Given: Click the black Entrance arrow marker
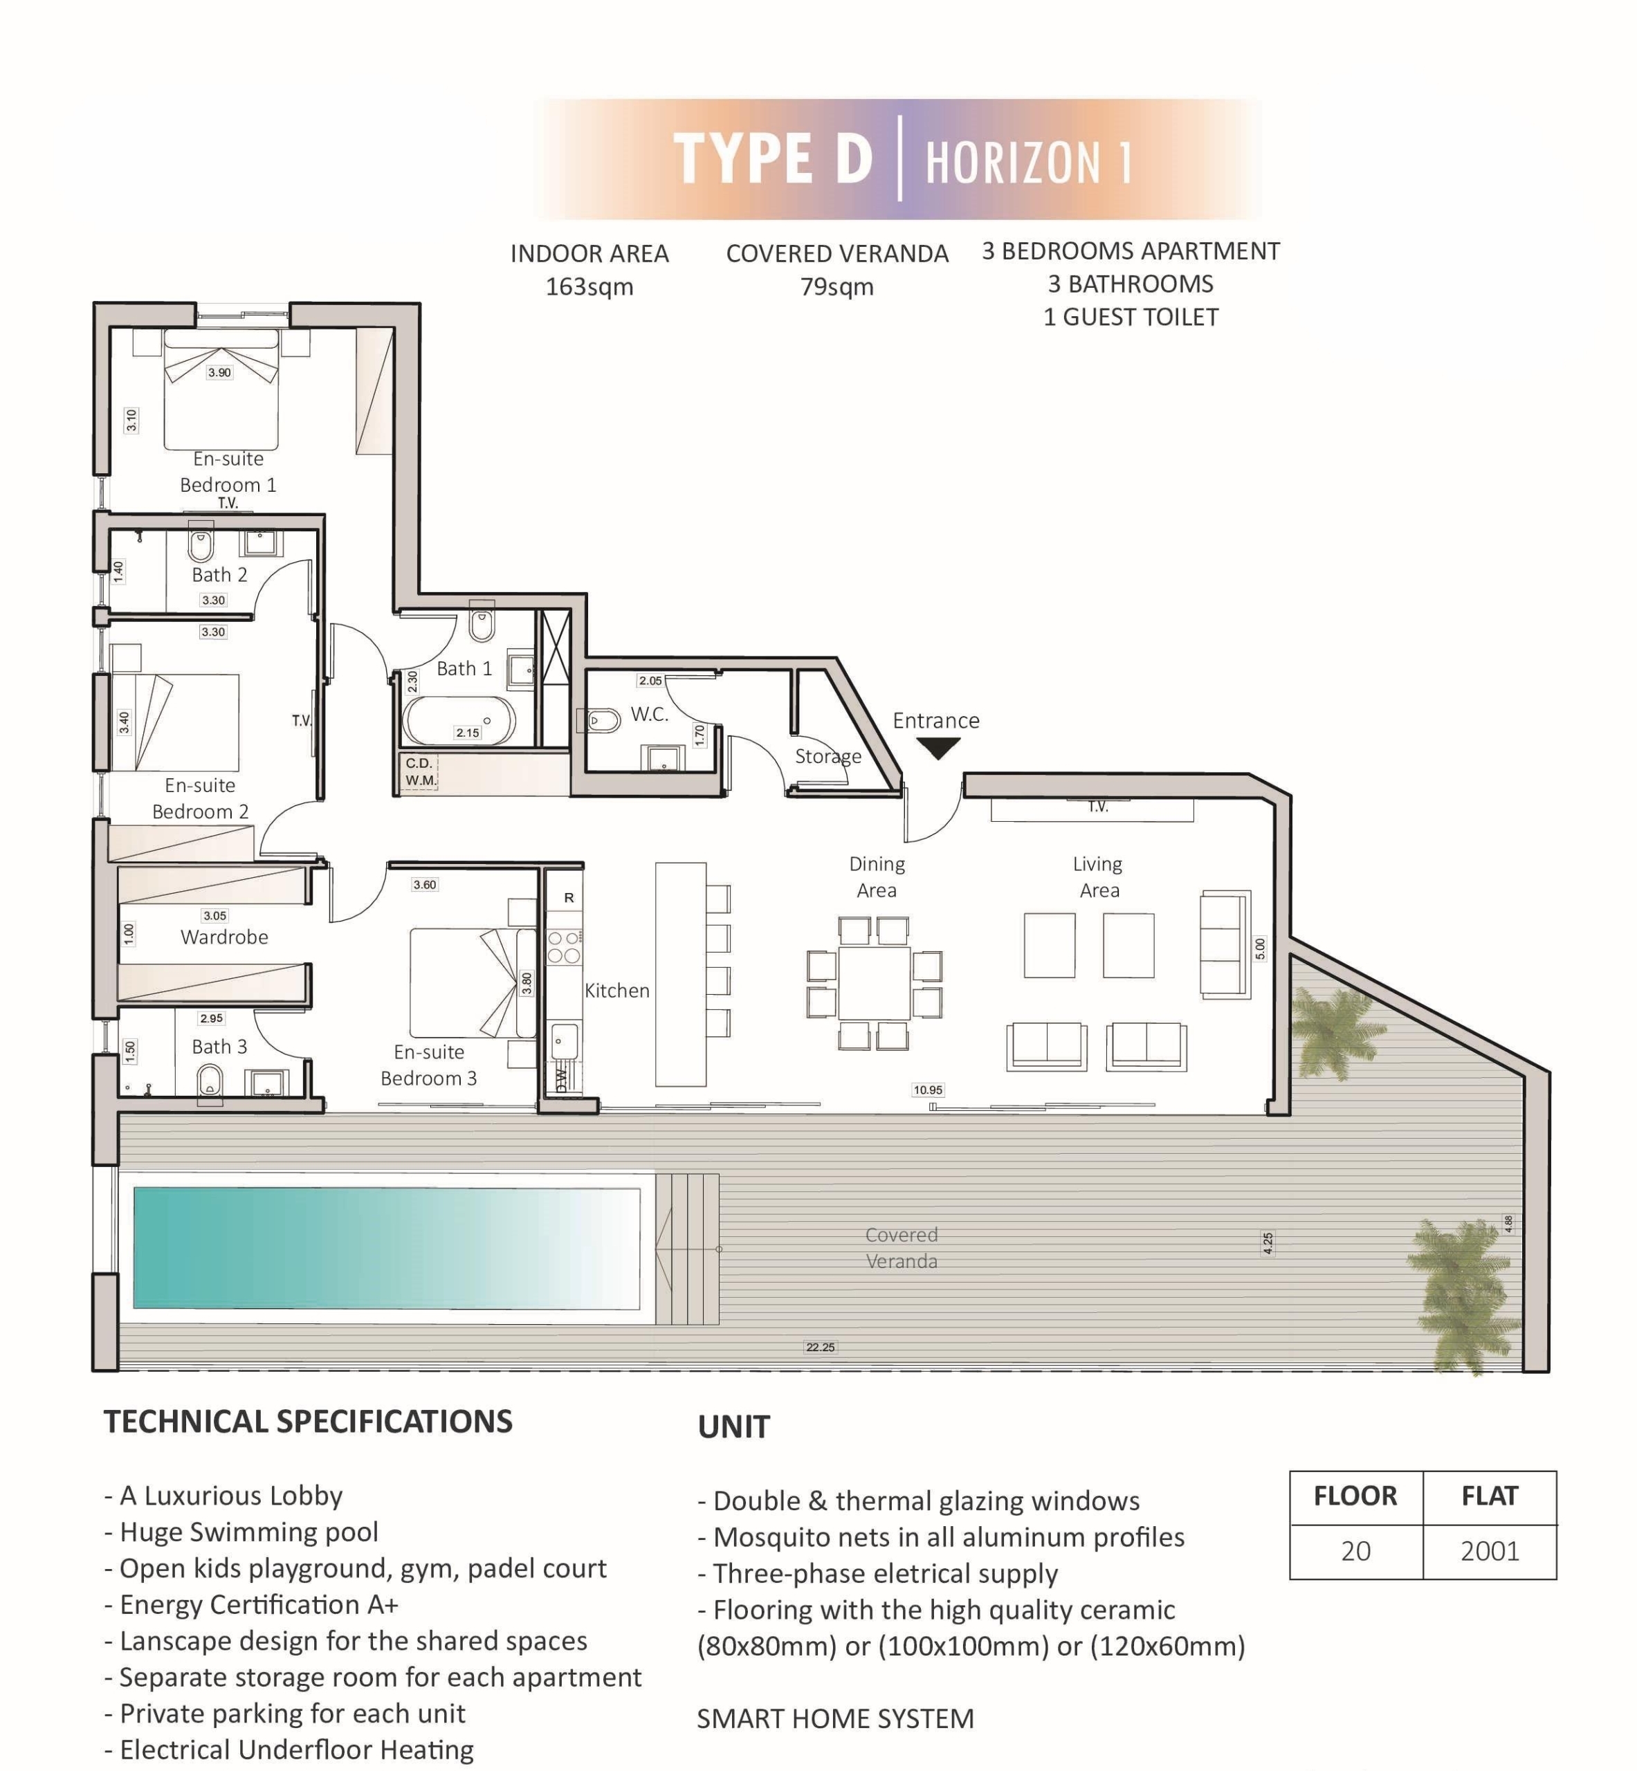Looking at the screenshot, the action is pyautogui.click(x=938, y=750).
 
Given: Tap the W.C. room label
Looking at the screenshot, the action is pyautogui.click(x=649, y=715).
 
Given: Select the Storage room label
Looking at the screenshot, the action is pyautogui.click(x=828, y=756).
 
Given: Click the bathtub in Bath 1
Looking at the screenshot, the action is pyautogui.click(x=459, y=721).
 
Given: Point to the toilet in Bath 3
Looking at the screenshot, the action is pyautogui.click(x=210, y=1082).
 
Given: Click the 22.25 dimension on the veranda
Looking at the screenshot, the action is pyautogui.click(x=821, y=1347).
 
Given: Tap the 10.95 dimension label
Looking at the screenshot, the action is pyautogui.click(x=929, y=1090).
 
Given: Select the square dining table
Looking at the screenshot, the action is pyautogui.click(x=875, y=983).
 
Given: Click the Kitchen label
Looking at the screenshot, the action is pyautogui.click(x=616, y=991).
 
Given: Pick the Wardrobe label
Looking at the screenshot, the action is pyautogui.click(x=224, y=937).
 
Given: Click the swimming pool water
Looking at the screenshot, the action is pyautogui.click(x=386, y=1248).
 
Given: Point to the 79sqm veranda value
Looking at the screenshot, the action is pyautogui.click(x=837, y=287).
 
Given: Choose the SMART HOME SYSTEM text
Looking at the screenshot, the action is pyautogui.click(x=835, y=1718).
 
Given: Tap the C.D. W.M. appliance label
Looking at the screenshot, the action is pyautogui.click(x=420, y=771).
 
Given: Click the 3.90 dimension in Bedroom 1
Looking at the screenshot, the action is pyautogui.click(x=220, y=373).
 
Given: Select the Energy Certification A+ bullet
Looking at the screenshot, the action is pyautogui.click(x=252, y=1604).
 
